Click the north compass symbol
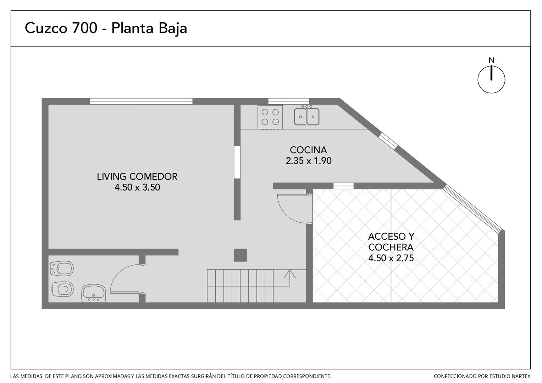pyautogui.click(x=491, y=79)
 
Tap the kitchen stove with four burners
pyautogui.click(x=270, y=117)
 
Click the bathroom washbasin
pyautogui.click(x=93, y=293)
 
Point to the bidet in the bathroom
pyautogui.click(x=61, y=268)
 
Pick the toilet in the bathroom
pyautogui.click(x=62, y=289)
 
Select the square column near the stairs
pyautogui.click(x=240, y=255)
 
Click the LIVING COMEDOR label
pyautogui.click(x=137, y=177)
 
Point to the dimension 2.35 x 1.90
pyautogui.click(x=309, y=161)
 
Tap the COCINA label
pyautogui.click(x=308, y=150)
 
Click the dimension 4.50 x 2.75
pyautogui.click(x=391, y=258)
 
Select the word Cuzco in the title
pyautogui.click(x=46, y=28)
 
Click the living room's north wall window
pyautogui.click(x=141, y=101)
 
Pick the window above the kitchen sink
pyautogui.click(x=289, y=101)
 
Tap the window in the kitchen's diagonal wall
pyautogui.click(x=388, y=140)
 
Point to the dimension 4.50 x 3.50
pyautogui.click(x=137, y=188)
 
